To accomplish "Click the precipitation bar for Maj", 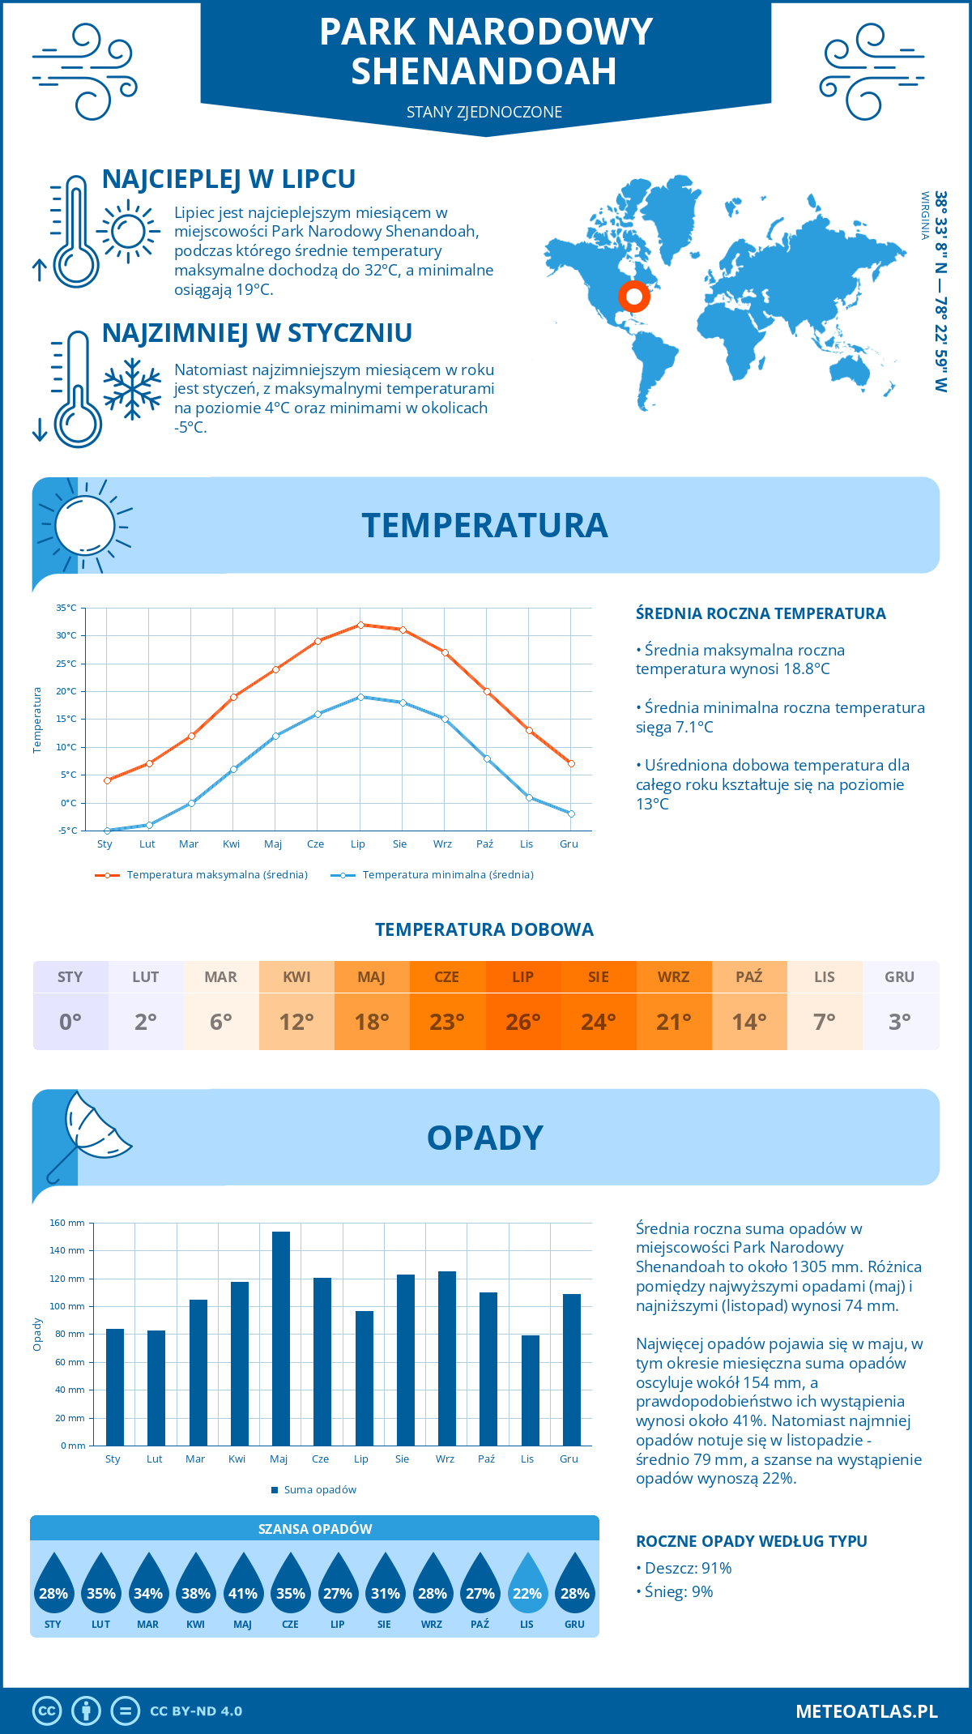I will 280,1339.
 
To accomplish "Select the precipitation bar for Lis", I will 530,1390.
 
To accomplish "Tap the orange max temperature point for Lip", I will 360,625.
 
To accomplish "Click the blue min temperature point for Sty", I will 107,831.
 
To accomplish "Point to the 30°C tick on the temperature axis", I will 66,635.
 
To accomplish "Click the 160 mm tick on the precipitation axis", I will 67,1223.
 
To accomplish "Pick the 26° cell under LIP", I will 522,1022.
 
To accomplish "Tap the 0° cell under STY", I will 70,1022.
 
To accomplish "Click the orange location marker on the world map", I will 634,297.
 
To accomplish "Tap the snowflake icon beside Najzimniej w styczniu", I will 132,389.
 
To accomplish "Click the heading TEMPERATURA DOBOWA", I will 484,929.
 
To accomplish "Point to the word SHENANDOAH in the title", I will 484,71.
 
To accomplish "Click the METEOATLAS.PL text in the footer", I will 866,1711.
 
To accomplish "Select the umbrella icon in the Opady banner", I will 89,1134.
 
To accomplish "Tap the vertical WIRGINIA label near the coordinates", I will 924,216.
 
